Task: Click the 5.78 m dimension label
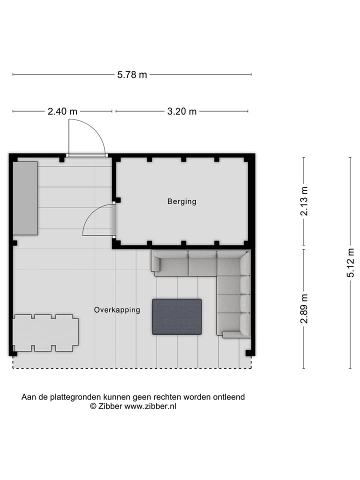point(132,75)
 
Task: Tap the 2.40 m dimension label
point(62,111)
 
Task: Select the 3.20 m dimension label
point(182,111)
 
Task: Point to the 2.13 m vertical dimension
point(304,201)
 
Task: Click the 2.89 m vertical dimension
point(304,308)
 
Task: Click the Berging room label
point(181,201)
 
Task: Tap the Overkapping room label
point(117,310)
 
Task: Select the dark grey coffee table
point(177,316)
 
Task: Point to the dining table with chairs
point(45,333)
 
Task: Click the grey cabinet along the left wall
point(25,198)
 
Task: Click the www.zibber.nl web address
point(150,406)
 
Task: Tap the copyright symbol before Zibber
point(93,406)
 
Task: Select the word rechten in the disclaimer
point(167,397)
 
